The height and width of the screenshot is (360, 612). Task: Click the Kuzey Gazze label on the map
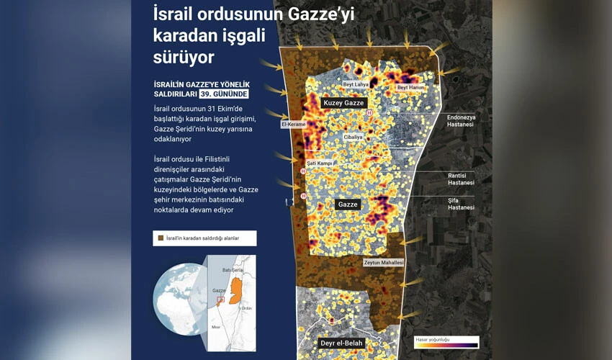[x=343, y=103]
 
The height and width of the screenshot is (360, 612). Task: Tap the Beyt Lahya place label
[x=356, y=84]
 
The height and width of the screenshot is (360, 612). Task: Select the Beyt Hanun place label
[x=410, y=88]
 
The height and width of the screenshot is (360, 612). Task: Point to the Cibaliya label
[x=353, y=136]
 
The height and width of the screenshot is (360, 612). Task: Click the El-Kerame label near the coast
[x=293, y=124]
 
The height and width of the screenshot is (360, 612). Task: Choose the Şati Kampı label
[x=319, y=163]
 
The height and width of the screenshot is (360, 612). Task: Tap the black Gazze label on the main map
[x=347, y=204]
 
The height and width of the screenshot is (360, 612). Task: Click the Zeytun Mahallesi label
[x=383, y=263]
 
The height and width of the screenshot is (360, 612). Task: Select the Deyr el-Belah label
[x=341, y=343]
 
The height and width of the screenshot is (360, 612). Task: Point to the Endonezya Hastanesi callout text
[x=461, y=120]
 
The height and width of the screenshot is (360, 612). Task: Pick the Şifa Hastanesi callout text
[x=461, y=204]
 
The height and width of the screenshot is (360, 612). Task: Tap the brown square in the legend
[x=161, y=238]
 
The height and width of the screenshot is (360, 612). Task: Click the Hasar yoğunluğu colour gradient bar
[x=446, y=344]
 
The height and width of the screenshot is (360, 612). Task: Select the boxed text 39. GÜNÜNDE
[x=224, y=94]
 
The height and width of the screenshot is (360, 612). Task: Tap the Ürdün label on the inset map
[x=246, y=308]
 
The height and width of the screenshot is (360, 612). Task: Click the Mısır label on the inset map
[x=215, y=328]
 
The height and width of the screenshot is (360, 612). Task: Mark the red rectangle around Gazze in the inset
[x=220, y=300]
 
